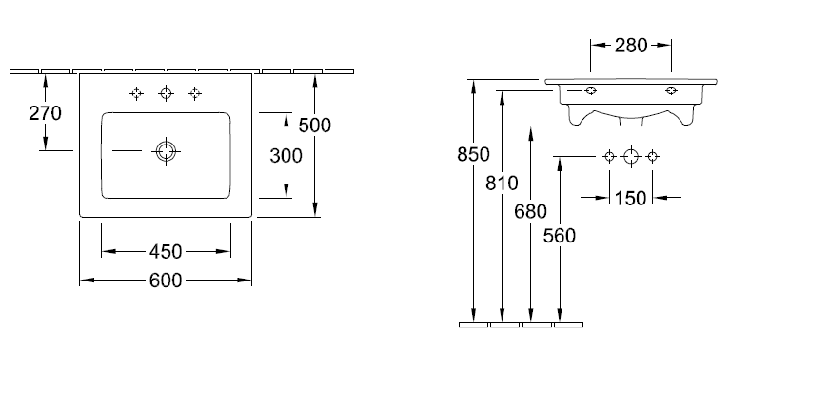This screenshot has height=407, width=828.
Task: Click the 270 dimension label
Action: (x=45, y=113)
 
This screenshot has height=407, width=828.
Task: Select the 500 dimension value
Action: (x=314, y=125)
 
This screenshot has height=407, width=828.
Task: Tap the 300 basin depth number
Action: (x=286, y=155)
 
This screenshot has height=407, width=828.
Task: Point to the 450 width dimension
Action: (x=166, y=252)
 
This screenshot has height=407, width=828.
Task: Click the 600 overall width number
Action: (x=166, y=281)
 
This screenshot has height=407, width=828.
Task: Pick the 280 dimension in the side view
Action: (x=631, y=45)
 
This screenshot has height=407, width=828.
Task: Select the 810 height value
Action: (x=502, y=184)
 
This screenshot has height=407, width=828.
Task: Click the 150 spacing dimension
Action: (x=631, y=198)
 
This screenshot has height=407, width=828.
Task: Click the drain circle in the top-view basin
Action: (x=167, y=151)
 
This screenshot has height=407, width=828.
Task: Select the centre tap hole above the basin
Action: (x=167, y=93)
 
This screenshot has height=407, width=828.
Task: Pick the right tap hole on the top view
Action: (x=195, y=93)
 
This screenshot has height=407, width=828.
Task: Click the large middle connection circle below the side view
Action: (x=630, y=157)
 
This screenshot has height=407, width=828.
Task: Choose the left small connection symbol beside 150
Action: (x=609, y=157)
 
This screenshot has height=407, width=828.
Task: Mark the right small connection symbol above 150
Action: (x=652, y=157)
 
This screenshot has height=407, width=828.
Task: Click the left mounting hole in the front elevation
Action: (x=590, y=91)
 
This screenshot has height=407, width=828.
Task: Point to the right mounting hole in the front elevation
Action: (x=672, y=91)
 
